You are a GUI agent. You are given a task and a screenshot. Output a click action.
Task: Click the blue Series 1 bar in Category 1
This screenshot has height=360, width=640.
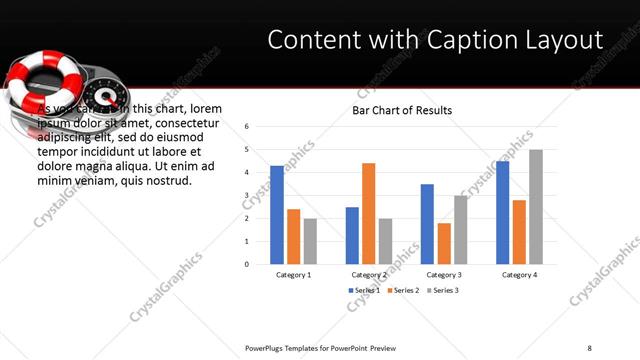(x=277, y=215)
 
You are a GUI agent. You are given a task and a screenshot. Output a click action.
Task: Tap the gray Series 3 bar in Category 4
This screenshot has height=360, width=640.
(x=536, y=207)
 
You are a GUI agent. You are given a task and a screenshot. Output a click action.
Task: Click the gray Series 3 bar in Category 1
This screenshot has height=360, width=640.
(x=310, y=241)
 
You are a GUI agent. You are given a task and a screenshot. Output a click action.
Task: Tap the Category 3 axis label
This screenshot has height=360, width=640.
(x=443, y=274)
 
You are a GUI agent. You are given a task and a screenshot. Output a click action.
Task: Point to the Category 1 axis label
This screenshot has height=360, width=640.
(x=293, y=274)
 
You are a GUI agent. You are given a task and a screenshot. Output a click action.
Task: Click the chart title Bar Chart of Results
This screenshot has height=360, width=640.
(x=402, y=110)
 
